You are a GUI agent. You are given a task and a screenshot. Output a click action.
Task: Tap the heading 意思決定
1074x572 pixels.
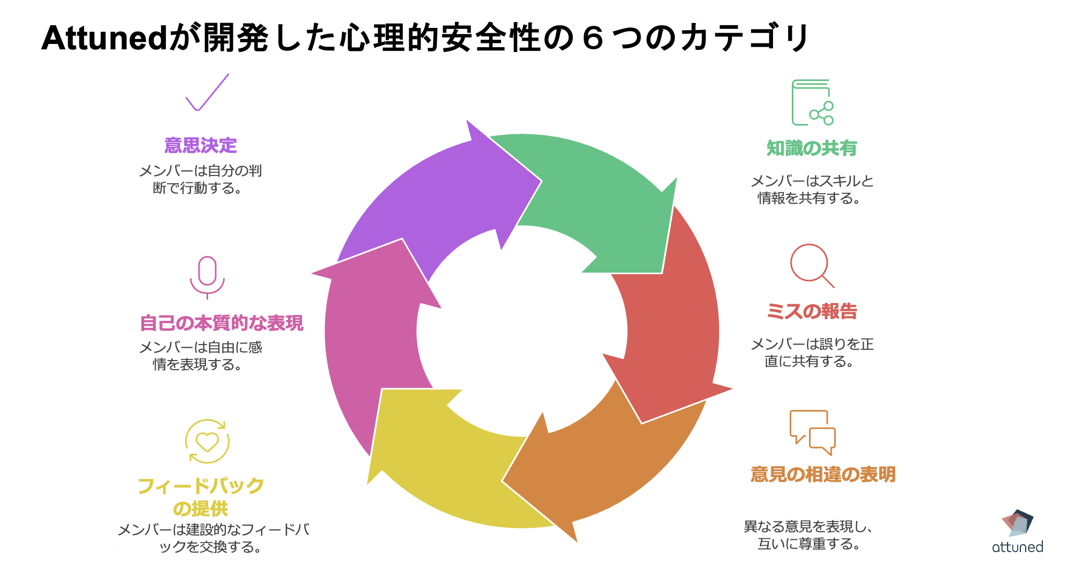pyautogui.click(x=200, y=145)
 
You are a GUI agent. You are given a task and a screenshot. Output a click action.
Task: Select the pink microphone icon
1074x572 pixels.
pyautogui.click(x=207, y=277)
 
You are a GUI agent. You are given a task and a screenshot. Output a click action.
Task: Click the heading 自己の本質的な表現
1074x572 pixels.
pyautogui.click(x=221, y=323)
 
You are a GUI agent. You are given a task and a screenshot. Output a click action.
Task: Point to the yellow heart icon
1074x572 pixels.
pyautogui.click(x=207, y=442)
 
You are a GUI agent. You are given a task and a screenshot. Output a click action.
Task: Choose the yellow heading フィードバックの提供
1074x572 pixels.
pyautogui.click(x=201, y=497)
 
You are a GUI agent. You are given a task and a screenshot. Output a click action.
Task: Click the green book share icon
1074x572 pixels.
pyautogui.click(x=812, y=102)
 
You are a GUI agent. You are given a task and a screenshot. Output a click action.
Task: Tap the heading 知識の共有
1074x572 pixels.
pyautogui.click(x=811, y=148)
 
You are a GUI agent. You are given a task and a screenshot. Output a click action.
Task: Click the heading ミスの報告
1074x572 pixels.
pyautogui.click(x=812, y=311)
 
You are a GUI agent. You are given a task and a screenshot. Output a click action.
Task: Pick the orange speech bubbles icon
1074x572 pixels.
pyautogui.click(x=812, y=432)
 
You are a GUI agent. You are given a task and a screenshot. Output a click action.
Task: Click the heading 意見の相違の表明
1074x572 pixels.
pyautogui.click(x=823, y=474)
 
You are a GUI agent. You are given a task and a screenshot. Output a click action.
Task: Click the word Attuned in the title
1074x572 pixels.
pyautogui.click(x=105, y=39)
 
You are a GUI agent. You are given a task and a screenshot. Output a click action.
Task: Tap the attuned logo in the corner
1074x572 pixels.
pyautogui.click(x=1017, y=532)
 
